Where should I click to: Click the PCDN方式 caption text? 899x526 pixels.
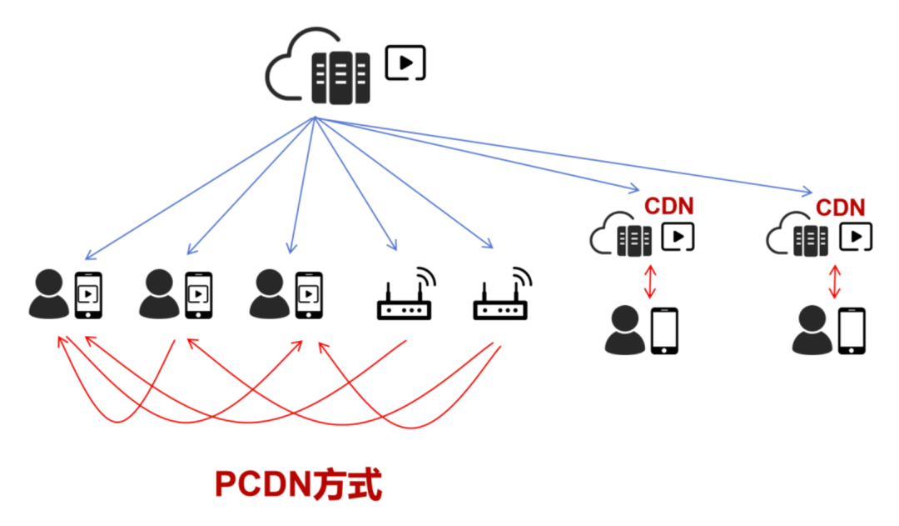pos(298,484)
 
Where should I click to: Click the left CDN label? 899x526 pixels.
pos(668,206)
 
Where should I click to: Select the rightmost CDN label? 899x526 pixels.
pos(840,208)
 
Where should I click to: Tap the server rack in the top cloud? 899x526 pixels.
pos(340,78)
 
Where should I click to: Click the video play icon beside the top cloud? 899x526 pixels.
pos(405,62)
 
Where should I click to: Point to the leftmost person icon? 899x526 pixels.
pos(49,294)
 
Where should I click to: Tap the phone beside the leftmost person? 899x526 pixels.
pos(88,295)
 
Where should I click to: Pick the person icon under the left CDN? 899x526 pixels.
pos(625,330)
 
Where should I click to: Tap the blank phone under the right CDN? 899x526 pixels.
pos(852,331)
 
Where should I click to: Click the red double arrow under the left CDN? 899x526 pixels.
pos(649,282)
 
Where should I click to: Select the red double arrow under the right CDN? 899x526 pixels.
pos(835,282)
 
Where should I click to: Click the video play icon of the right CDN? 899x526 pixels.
pos(856,237)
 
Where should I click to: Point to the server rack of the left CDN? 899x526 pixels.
pos(634,241)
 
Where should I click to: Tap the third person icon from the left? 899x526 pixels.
pos(270,294)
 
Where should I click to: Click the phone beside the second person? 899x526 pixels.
pos(198,295)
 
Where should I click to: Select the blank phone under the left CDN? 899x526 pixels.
pos(664,331)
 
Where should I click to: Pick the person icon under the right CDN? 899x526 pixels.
pos(812,330)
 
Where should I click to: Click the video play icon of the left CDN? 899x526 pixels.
pos(678,237)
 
